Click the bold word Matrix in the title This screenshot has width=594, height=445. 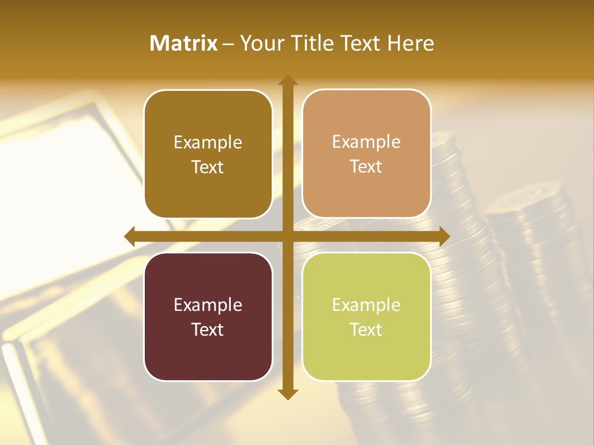184,43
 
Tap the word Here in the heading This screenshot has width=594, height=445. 410,43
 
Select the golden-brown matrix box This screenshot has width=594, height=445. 208,154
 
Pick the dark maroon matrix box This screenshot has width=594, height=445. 208,316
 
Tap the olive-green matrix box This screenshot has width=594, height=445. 366,316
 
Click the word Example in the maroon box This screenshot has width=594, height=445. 208,305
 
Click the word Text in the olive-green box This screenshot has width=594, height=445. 366,329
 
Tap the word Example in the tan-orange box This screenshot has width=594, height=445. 366,142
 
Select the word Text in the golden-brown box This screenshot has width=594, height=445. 208,167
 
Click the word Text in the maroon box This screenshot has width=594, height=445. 208,329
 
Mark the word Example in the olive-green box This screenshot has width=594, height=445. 366,305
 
